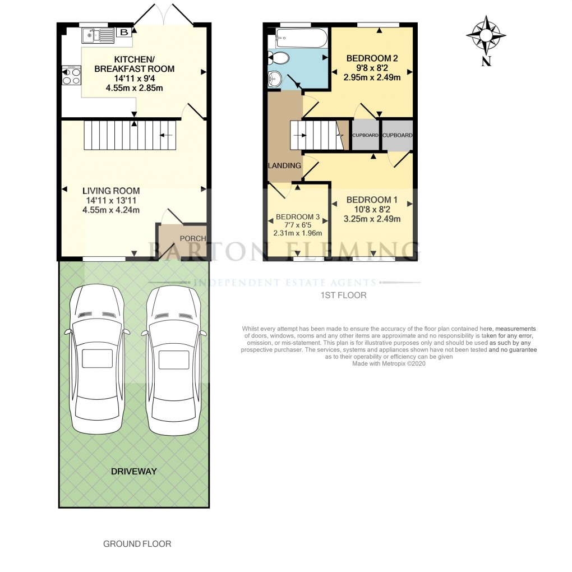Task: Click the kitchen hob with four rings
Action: click(71, 75)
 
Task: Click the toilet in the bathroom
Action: click(279, 57)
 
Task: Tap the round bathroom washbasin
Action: click(275, 79)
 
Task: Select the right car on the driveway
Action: click(173, 358)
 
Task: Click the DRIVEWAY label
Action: click(134, 471)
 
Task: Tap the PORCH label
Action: click(192, 238)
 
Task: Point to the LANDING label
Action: click(284, 165)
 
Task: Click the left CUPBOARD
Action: click(365, 135)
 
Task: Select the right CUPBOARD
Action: click(398, 135)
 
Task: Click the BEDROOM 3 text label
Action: click(298, 217)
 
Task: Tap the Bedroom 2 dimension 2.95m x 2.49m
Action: click(372, 77)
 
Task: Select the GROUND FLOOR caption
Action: click(137, 543)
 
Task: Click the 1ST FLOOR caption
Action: click(343, 295)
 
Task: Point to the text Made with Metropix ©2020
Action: click(389, 363)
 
